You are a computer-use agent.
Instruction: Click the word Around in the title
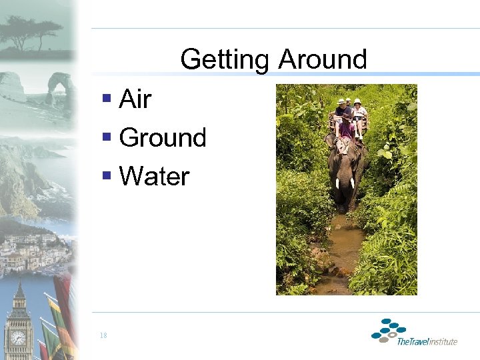point(323,60)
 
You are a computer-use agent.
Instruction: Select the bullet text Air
point(135,100)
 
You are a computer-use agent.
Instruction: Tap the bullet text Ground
point(163,138)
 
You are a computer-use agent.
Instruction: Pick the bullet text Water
point(154,177)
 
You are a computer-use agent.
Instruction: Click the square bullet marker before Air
point(107,99)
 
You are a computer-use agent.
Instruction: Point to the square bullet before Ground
point(107,137)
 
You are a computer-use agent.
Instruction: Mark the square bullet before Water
point(107,176)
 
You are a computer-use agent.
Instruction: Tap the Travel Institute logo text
point(427,341)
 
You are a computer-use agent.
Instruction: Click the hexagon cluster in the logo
point(389,330)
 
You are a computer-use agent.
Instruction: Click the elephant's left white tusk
point(338,183)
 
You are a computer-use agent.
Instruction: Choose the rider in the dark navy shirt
point(341,108)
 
